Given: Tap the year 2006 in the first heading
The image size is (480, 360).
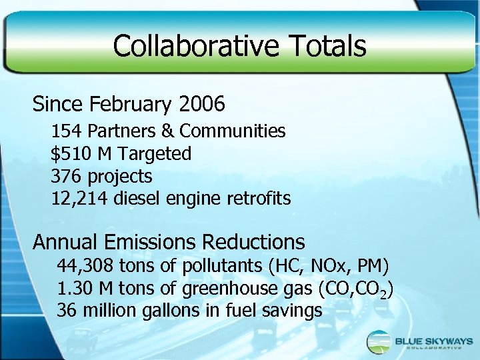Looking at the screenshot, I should tap(201, 105).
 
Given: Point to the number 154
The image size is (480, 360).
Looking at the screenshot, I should tap(67, 131).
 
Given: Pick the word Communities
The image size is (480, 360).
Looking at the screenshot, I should tap(232, 131).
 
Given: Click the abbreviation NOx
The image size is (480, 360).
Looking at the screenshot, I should tap(328, 267).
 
